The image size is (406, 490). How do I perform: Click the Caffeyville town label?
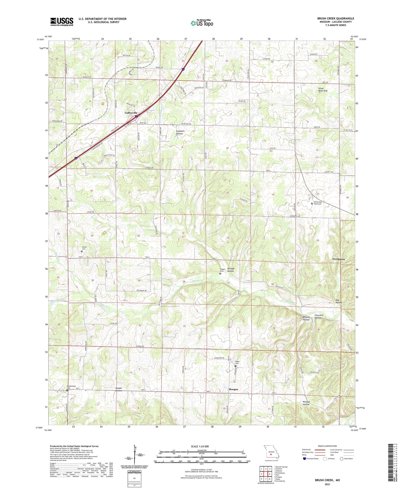(131, 113)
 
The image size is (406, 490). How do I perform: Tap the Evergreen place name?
(338, 259)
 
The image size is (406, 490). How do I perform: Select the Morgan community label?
(233, 389)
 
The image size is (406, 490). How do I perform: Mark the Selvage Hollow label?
(230, 270)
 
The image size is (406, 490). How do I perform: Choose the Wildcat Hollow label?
(306, 318)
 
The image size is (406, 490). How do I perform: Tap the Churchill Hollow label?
(319, 316)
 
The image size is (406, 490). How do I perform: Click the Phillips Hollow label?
(306, 403)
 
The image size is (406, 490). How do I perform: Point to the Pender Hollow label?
(119, 389)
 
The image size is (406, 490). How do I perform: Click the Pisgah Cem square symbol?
(220, 274)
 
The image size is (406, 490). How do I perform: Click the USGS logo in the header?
(62, 22)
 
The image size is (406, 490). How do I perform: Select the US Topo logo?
(202, 23)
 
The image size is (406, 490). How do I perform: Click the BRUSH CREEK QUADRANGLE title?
(336, 18)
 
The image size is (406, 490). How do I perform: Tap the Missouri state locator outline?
(271, 452)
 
